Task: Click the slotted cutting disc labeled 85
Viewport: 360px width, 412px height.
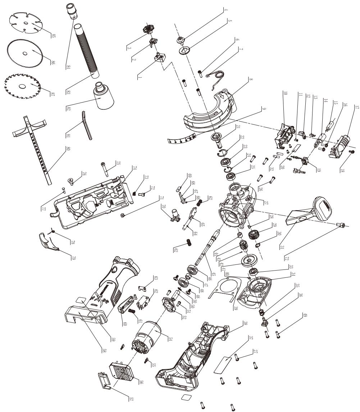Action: coord(24,23)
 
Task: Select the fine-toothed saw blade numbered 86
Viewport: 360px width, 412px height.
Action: coord(25,53)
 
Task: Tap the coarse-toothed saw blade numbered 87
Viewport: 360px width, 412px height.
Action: coord(21,85)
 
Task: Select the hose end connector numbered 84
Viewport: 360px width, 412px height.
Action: coord(72,10)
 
